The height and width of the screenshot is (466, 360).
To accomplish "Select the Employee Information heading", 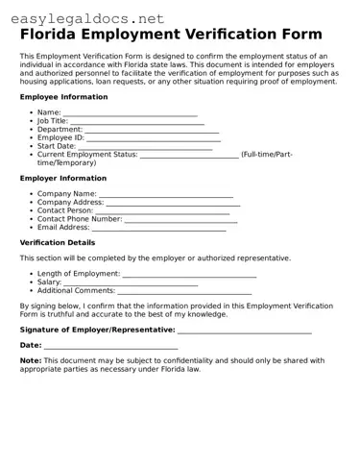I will point(63,97).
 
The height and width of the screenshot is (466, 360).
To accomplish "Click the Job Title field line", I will point(137,122).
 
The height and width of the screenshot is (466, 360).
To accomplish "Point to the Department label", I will point(60,130).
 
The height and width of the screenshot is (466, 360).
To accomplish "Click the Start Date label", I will point(56,146).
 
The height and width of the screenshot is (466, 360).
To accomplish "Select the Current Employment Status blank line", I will point(189,155).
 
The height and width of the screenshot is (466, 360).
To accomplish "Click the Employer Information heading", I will point(63,178).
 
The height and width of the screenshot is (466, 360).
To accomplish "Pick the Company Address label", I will point(70,203).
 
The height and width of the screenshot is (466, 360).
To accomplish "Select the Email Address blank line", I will point(158,228).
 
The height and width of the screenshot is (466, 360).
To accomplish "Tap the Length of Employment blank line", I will point(189,275).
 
